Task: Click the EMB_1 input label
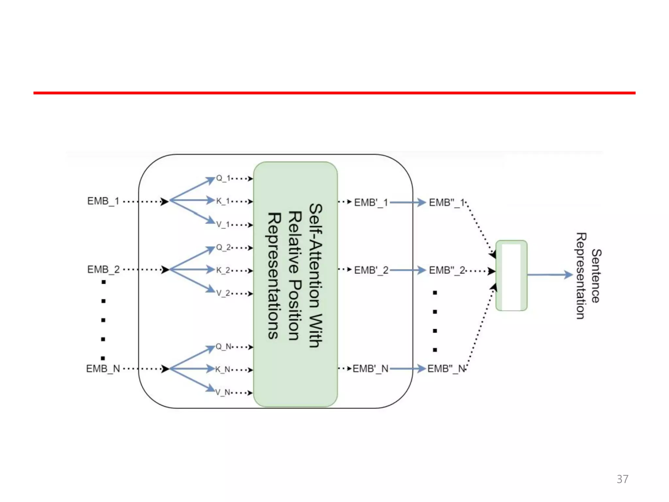(103, 201)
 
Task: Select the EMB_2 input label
(103, 270)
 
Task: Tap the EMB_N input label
(103, 369)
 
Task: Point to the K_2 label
(223, 270)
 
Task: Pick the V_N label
(222, 392)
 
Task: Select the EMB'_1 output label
(371, 203)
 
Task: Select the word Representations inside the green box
(274, 276)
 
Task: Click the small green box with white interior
(511, 276)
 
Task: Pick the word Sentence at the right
(596, 276)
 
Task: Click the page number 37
(622, 479)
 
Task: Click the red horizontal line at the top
(334, 93)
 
